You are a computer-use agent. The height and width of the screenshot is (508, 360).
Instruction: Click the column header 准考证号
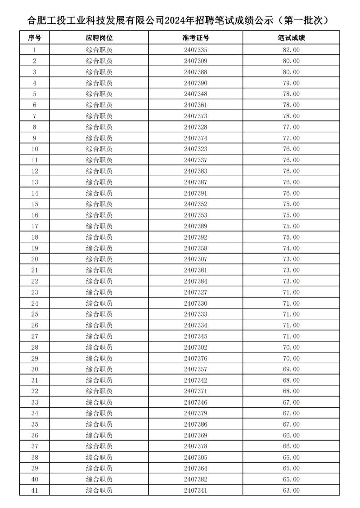point(196,38)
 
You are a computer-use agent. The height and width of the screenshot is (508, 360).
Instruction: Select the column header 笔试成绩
point(291,38)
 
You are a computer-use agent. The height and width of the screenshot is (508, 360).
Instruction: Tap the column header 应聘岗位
point(99,38)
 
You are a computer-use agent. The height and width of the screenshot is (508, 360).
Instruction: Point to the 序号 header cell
point(35,38)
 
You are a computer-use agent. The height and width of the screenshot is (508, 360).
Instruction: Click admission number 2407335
point(196,50)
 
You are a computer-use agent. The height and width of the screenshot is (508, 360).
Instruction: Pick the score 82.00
point(291,50)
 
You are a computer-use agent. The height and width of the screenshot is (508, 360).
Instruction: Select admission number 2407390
point(196,83)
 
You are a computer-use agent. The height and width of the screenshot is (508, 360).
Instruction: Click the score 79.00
point(291,83)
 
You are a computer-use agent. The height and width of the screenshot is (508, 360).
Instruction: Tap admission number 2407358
point(196,248)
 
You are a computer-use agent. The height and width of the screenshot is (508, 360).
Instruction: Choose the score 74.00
point(291,248)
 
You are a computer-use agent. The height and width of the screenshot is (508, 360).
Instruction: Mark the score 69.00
point(291,369)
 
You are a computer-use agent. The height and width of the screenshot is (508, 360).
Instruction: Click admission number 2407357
point(196,369)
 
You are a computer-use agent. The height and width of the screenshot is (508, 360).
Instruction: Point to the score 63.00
point(291,490)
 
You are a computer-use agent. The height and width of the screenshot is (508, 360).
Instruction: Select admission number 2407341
point(196,490)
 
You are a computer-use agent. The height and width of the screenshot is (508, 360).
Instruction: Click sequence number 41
point(35,490)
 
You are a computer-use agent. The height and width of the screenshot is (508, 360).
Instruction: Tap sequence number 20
point(35,259)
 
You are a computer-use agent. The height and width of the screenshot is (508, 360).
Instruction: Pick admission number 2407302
point(196,347)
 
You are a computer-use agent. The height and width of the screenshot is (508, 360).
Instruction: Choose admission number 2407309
point(196,61)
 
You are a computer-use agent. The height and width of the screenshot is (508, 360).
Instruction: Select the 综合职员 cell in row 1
point(99,50)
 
